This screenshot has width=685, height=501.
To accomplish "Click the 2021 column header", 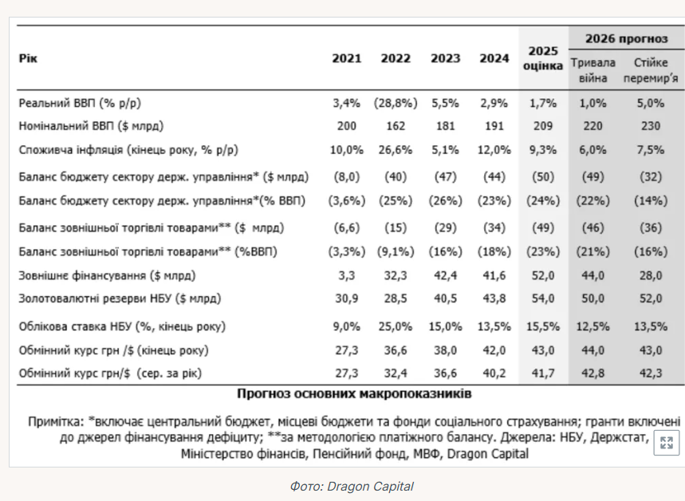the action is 346,58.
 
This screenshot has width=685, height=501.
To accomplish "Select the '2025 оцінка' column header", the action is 543,58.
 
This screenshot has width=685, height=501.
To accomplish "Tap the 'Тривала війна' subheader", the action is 592,70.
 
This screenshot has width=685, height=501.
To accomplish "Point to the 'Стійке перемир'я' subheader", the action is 651,70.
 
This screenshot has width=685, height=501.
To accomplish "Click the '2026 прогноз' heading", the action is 627,38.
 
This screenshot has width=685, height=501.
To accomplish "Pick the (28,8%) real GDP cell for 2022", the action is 396,103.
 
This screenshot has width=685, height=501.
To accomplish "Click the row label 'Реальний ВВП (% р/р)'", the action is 80,103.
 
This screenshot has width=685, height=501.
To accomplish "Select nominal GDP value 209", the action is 543,126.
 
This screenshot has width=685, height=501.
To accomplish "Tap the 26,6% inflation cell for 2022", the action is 396,150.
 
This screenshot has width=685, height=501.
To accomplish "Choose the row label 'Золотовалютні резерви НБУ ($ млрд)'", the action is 120,298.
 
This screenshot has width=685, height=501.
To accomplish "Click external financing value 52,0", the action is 543,275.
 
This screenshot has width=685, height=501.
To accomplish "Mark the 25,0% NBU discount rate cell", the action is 396,326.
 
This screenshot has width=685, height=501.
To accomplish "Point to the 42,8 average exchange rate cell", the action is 592,373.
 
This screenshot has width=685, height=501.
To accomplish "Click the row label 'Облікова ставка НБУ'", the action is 76,326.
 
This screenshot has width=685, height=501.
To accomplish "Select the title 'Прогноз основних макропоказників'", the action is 354,394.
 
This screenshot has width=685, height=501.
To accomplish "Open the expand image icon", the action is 666,443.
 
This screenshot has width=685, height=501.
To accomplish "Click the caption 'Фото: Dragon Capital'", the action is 352,486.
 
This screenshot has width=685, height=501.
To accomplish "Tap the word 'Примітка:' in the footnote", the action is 56,422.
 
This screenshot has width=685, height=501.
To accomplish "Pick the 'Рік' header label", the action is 28,58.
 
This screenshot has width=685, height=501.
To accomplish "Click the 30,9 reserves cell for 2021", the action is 346,298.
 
